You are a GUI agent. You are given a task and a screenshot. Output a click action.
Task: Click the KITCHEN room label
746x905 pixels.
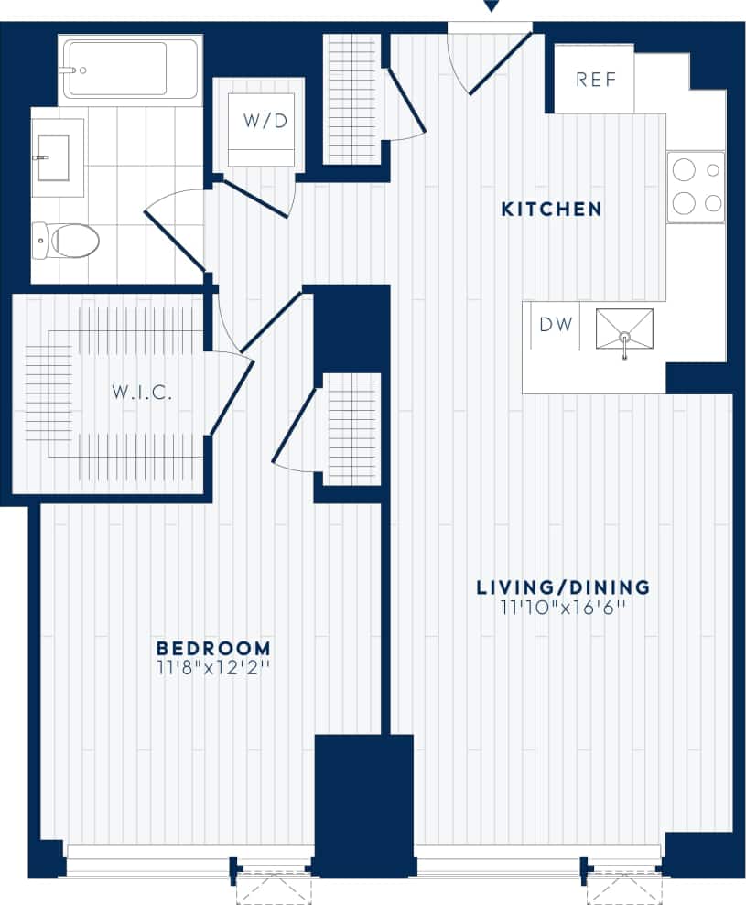(x=551, y=210)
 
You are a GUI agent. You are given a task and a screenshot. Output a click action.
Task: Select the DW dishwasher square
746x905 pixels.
(x=556, y=325)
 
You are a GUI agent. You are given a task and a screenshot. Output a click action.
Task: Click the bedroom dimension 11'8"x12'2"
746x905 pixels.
(x=213, y=667)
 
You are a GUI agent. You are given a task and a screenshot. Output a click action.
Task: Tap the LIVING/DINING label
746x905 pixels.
(x=562, y=587)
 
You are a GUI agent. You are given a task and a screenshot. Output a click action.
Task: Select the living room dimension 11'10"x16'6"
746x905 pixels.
(x=562, y=607)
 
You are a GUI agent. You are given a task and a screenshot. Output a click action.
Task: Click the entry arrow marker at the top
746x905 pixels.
(x=491, y=6)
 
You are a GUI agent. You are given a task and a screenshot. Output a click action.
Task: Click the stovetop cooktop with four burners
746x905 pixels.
(x=696, y=187)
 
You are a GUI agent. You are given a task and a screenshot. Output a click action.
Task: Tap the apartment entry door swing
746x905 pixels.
(x=494, y=59)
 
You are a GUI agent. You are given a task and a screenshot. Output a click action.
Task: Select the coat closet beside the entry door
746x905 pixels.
(x=352, y=99)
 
